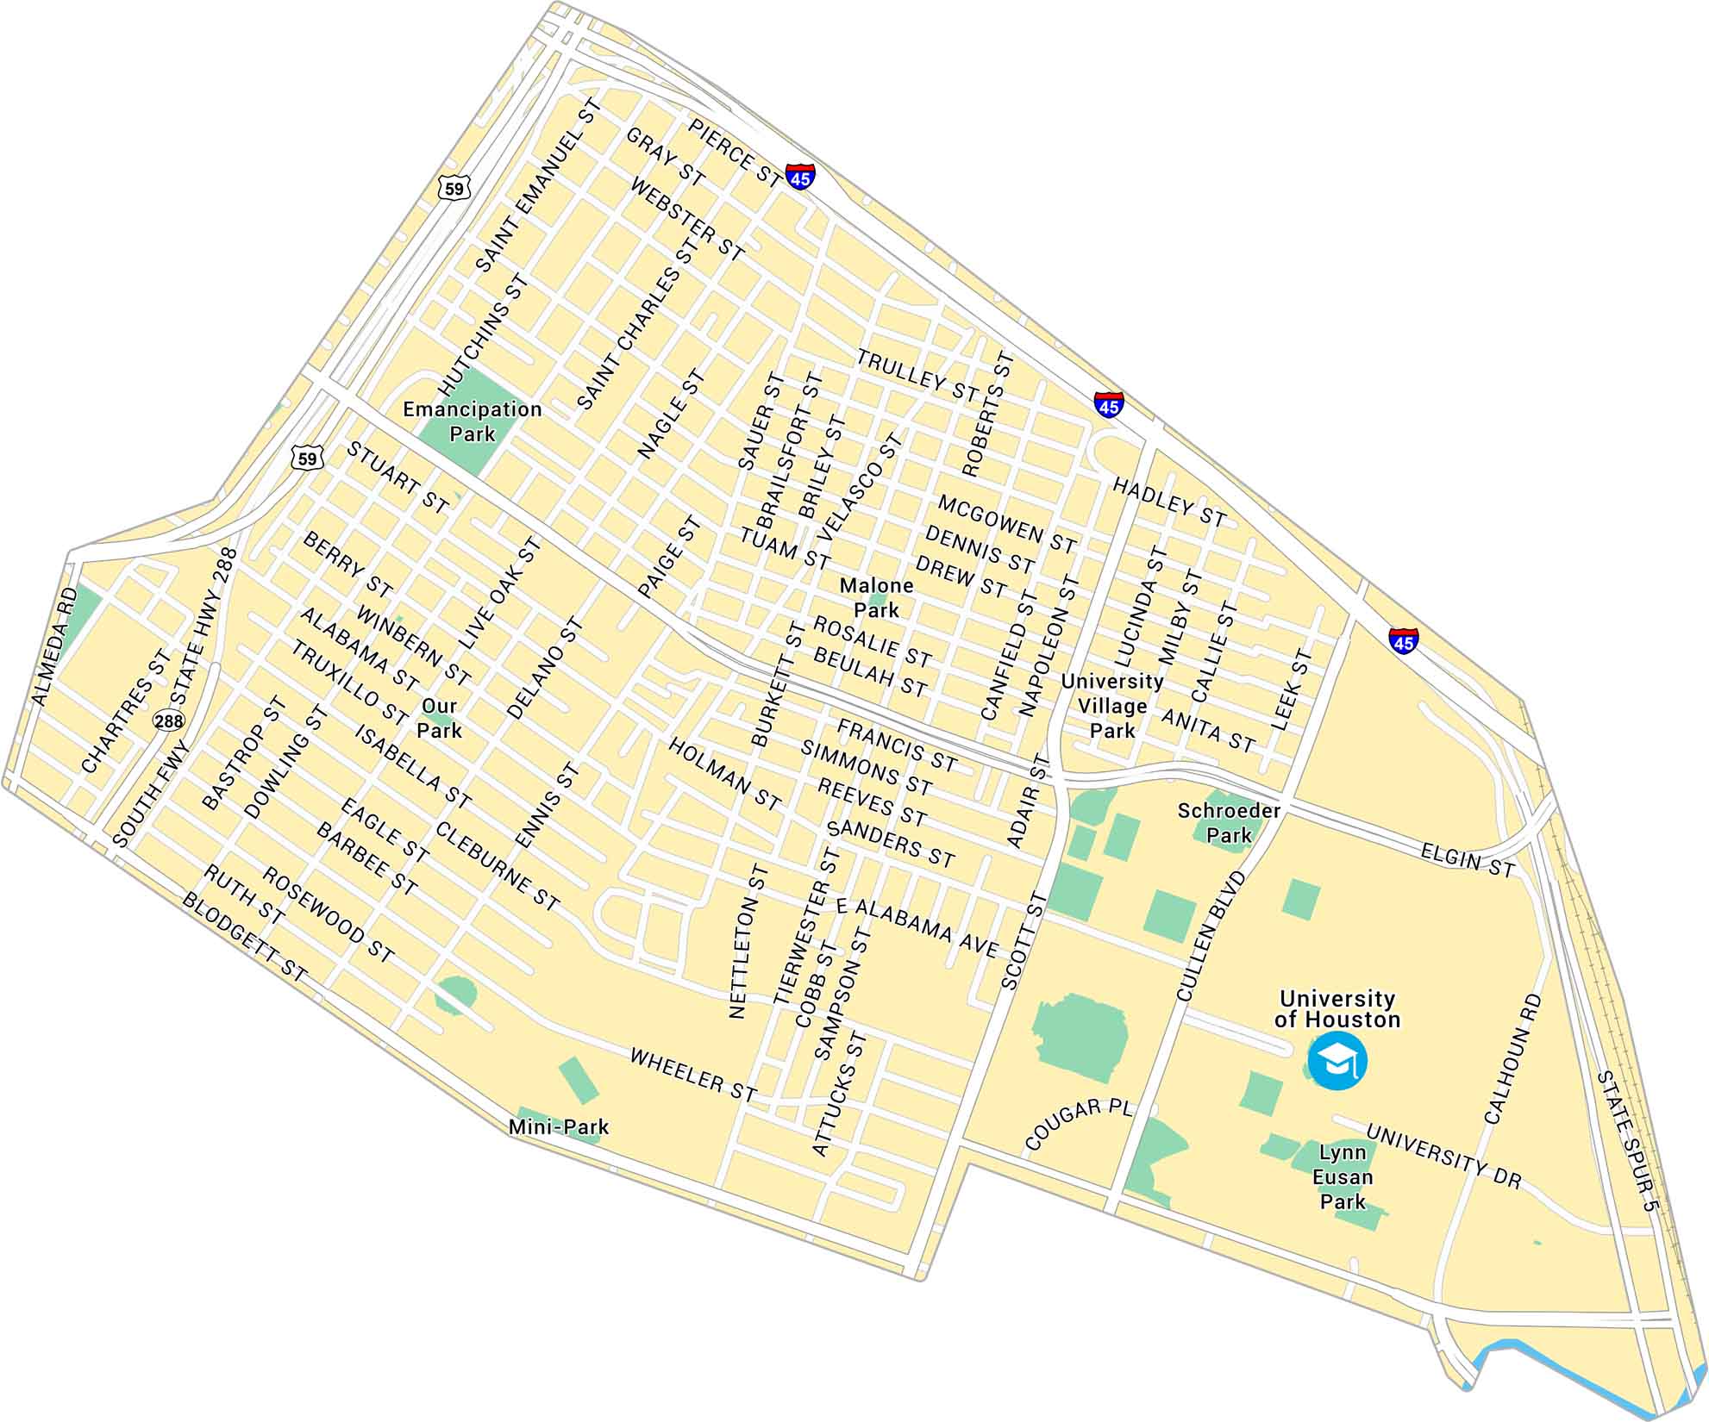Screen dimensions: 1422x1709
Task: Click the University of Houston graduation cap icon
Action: tap(1337, 1063)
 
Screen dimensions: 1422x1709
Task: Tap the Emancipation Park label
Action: tap(473, 421)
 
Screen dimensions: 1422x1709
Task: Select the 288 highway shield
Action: tap(170, 720)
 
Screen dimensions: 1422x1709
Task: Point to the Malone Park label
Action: tap(876, 597)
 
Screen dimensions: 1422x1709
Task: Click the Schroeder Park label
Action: tap(1229, 822)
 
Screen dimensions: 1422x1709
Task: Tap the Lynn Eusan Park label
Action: tap(1343, 1176)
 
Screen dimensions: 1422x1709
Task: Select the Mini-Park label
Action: tap(559, 1126)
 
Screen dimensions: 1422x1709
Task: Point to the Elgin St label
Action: tap(1467, 860)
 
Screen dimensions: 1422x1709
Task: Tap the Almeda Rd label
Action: tap(53, 646)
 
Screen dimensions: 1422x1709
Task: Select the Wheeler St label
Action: tap(692, 1074)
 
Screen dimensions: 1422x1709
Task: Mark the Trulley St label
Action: tap(917, 377)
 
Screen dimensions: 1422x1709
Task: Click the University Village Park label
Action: tap(1112, 705)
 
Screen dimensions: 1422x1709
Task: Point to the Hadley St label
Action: tap(1168, 501)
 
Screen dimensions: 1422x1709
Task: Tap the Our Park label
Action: tap(439, 718)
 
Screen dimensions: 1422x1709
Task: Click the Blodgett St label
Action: tap(244, 937)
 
